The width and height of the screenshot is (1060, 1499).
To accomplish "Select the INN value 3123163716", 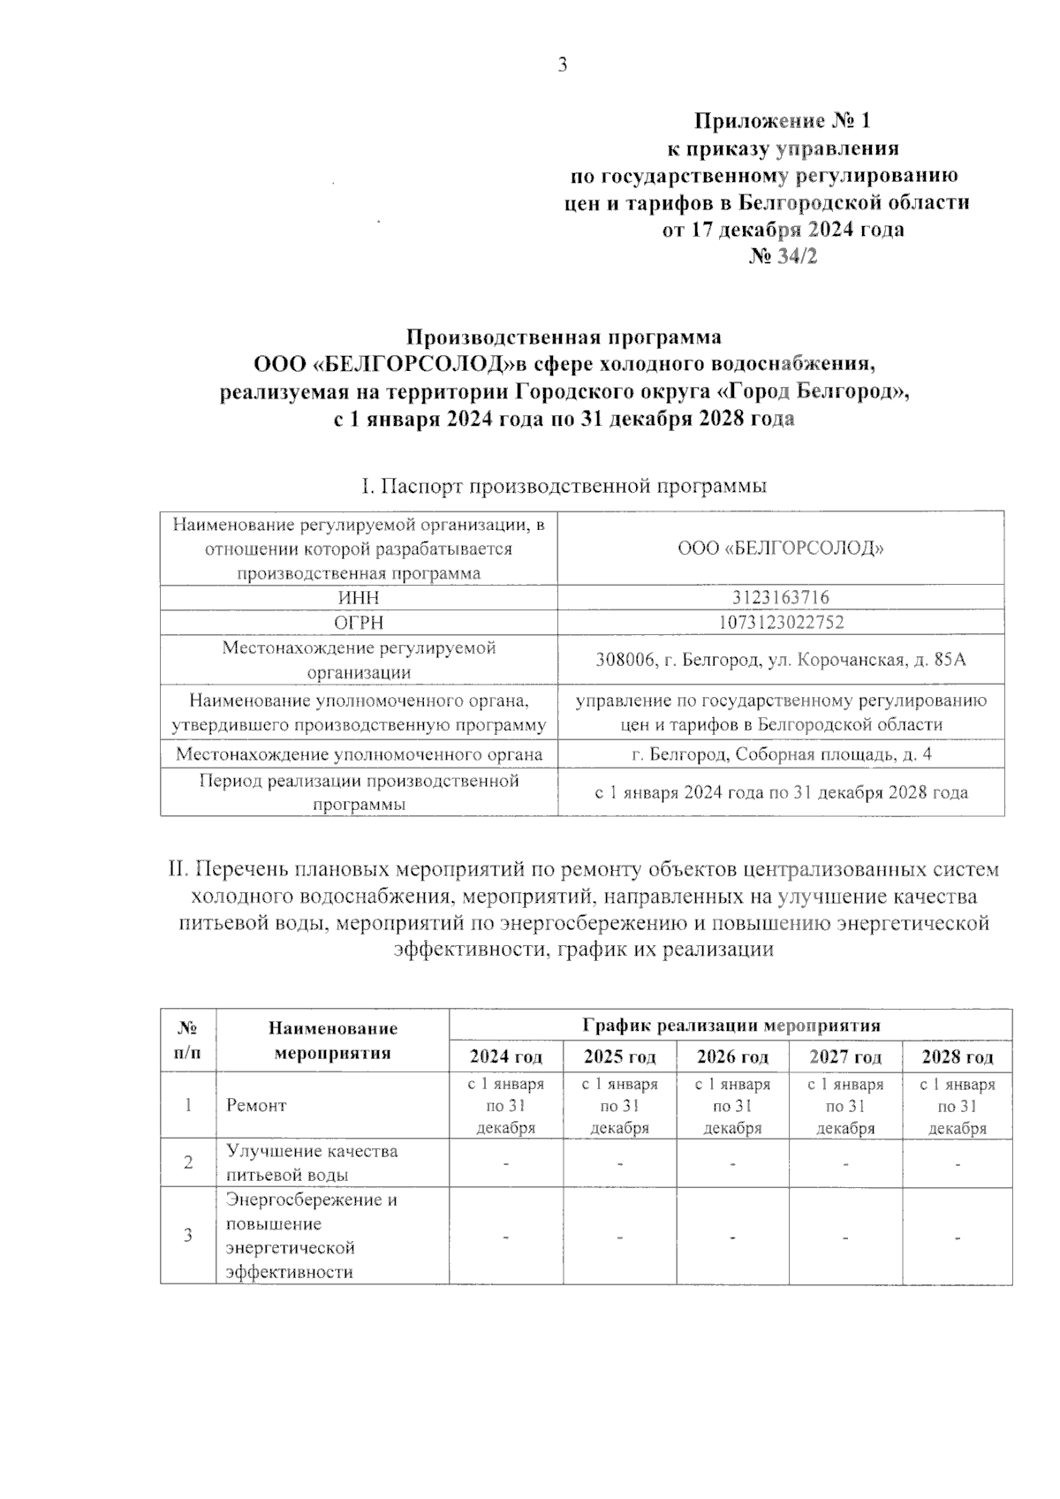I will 781,598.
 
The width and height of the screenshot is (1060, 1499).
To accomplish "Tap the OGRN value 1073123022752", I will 781,622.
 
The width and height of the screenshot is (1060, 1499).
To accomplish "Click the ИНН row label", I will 359,598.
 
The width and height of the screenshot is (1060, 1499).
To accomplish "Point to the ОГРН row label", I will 359,623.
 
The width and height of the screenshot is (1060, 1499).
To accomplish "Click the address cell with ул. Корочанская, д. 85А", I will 781,660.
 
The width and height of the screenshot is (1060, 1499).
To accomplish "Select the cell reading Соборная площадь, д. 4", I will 781,754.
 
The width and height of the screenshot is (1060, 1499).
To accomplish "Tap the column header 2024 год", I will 505,1057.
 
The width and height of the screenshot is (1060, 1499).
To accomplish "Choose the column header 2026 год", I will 732,1057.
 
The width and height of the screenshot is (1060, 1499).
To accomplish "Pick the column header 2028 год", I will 958,1057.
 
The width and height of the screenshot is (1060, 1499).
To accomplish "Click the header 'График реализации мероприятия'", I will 731,1026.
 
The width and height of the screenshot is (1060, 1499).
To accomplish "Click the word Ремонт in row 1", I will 256,1106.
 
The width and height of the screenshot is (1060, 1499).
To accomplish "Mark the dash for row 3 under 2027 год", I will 845,1237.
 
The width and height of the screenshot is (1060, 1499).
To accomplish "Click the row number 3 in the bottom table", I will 188,1236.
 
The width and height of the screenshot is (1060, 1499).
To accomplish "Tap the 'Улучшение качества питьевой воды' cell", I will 312,1163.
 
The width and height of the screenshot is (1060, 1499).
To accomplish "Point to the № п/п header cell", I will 188,1041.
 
